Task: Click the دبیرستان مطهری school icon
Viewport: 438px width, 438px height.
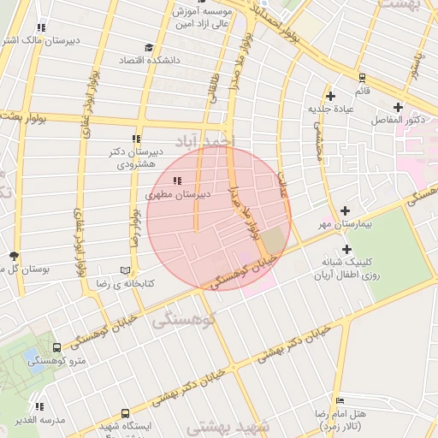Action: [x=177, y=181]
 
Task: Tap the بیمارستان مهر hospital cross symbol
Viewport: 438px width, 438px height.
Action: [x=346, y=210]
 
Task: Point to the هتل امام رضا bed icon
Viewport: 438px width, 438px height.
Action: [x=340, y=400]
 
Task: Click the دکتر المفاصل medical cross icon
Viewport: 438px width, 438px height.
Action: [x=398, y=106]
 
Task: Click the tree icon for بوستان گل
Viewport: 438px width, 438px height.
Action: [x=14, y=255]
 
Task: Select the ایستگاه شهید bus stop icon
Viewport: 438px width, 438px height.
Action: [x=126, y=413]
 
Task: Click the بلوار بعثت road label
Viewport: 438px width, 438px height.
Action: [x=26, y=116]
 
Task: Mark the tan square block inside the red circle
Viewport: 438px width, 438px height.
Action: [x=272, y=240]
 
